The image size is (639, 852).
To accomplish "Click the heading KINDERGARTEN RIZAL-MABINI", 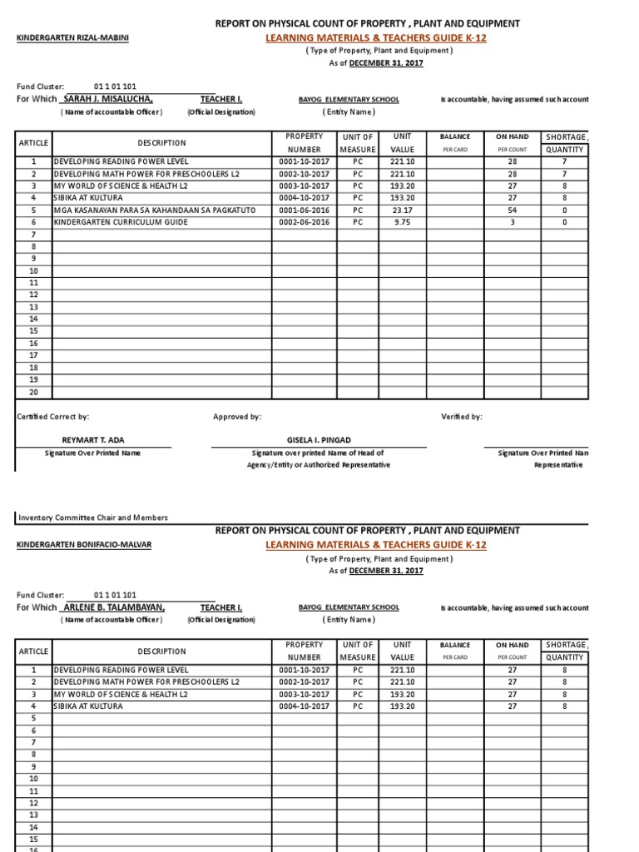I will click(73, 38).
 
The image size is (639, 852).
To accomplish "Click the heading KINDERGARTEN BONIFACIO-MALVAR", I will click(85, 545).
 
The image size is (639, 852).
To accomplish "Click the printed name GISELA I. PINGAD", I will click(320, 439).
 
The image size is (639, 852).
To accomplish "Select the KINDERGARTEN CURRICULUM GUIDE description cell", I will click(121, 222).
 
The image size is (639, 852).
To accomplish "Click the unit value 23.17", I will click(402, 211).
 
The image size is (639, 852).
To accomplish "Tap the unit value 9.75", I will click(402, 222).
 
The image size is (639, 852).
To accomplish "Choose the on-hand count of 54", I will click(513, 211).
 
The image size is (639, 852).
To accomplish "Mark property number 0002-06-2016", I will click(304, 222).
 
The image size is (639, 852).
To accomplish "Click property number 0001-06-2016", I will click(304, 211).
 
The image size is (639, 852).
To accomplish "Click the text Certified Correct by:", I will click(53, 417).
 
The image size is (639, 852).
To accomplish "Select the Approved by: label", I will click(237, 417).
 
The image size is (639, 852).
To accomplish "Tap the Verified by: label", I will click(461, 417).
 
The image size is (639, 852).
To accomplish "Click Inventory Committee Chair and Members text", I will click(93, 517).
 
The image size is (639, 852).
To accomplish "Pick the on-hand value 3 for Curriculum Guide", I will click(513, 222).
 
